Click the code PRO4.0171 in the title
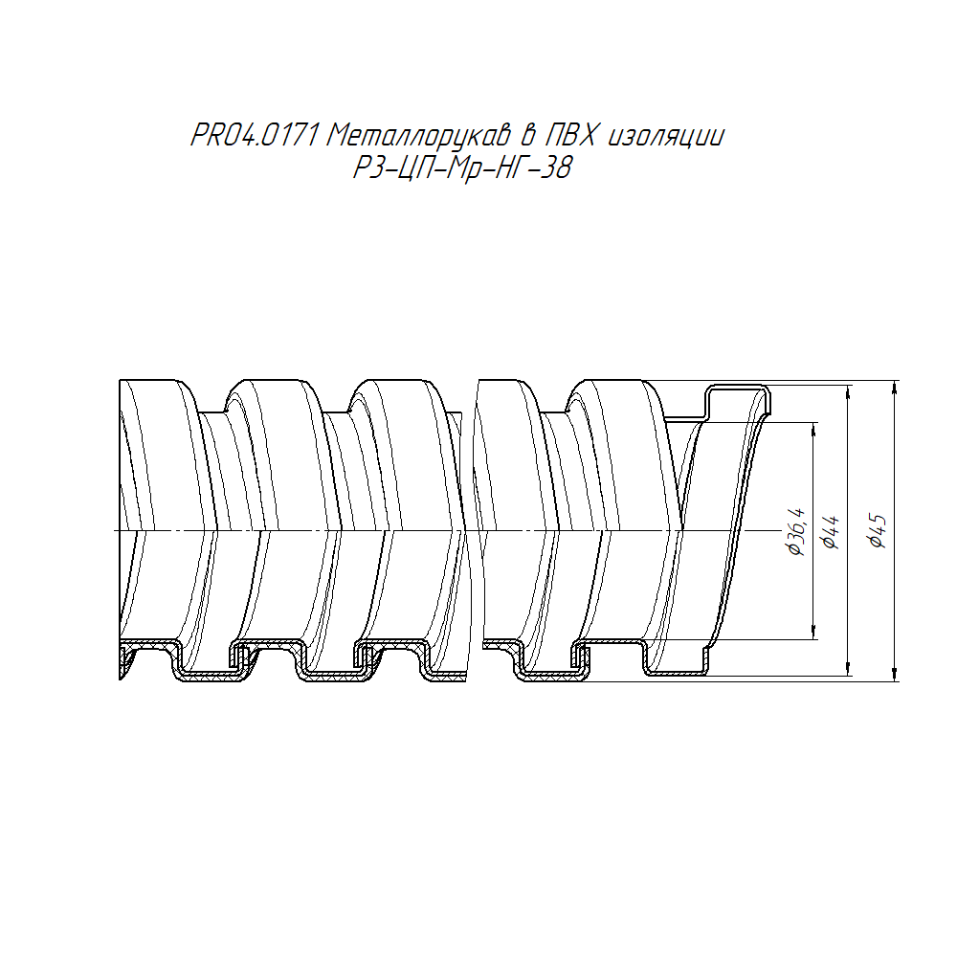256,136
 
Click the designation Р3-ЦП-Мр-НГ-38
462,167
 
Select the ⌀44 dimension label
832,532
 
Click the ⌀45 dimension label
878,531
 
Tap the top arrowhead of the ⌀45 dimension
895,388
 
